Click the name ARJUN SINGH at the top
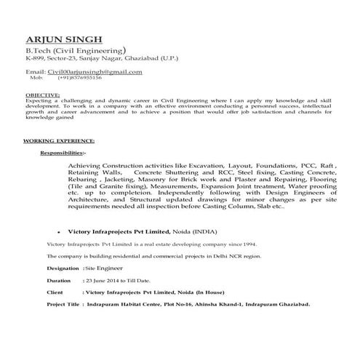(x=64, y=39)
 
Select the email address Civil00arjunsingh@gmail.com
(x=95, y=72)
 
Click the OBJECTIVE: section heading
(x=42, y=95)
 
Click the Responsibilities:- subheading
(x=63, y=154)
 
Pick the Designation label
(x=63, y=268)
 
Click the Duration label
(x=59, y=280)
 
